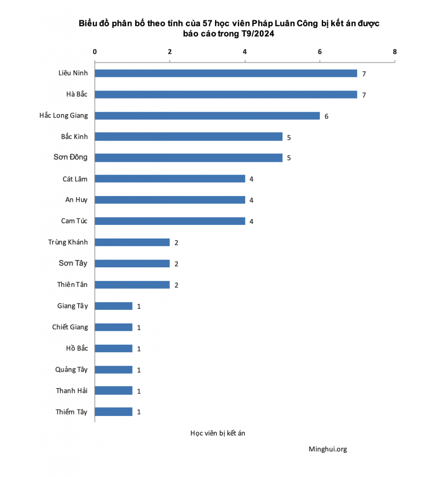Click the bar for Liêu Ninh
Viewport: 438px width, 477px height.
[x=226, y=73]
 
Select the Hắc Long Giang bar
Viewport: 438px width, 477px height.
[x=207, y=116]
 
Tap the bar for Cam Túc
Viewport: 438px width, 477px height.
[x=170, y=221]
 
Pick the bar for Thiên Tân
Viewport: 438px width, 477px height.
[x=132, y=285]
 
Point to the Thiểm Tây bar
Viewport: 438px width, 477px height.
[x=114, y=412]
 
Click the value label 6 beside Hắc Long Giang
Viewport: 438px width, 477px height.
[x=326, y=116]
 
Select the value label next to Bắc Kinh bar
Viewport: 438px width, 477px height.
[x=289, y=137]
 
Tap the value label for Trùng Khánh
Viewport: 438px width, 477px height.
[x=176, y=243]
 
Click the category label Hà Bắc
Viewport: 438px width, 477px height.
[x=77, y=94]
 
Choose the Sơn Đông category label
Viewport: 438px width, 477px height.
[x=70, y=157]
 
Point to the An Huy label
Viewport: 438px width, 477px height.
[x=76, y=200]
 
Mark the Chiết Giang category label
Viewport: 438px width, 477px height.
[x=70, y=327]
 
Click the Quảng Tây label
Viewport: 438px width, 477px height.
[x=71, y=369]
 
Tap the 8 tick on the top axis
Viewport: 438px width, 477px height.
[x=395, y=51]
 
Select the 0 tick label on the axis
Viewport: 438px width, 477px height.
[x=95, y=51]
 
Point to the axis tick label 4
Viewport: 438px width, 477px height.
[x=245, y=51]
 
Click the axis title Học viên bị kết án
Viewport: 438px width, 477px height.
[x=218, y=433]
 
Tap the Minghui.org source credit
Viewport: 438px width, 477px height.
[x=328, y=450]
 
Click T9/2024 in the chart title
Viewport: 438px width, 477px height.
[x=257, y=34]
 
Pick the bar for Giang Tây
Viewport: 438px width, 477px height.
[x=114, y=306]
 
